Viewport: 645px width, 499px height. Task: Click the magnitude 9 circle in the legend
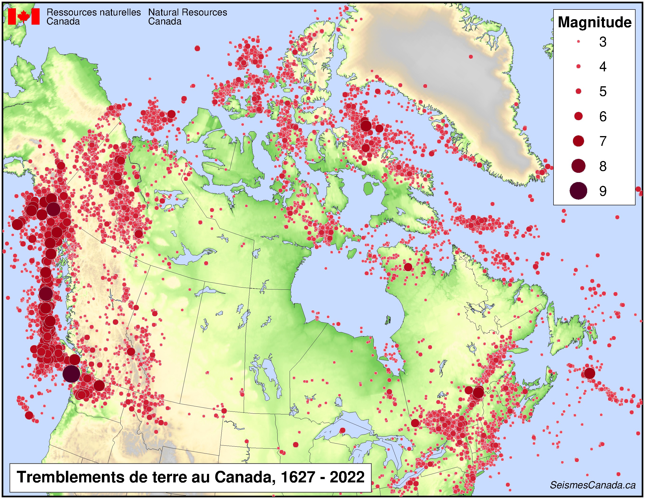(x=578, y=191)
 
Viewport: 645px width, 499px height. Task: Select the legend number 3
(x=603, y=42)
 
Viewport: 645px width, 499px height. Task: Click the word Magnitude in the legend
(x=594, y=23)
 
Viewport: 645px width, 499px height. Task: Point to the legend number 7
(x=603, y=141)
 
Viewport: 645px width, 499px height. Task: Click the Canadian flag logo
(x=24, y=16)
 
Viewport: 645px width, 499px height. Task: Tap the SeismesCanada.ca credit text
(x=592, y=485)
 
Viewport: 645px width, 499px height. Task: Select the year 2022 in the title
(x=347, y=477)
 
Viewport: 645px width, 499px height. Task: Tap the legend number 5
(x=603, y=92)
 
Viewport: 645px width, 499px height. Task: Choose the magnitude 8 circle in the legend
(x=578, y=166)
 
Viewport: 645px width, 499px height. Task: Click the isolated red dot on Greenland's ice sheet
(x=471, y=57)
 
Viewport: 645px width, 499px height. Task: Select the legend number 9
(x=603, y=191)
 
